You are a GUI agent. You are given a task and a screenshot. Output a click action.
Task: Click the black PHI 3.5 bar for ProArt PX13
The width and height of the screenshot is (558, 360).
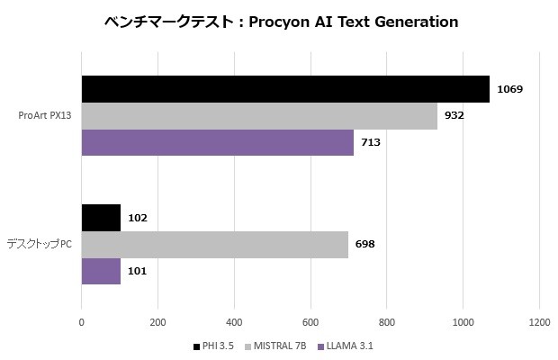285,89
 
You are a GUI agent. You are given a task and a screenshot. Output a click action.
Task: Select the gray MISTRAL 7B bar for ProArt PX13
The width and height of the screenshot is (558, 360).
259,116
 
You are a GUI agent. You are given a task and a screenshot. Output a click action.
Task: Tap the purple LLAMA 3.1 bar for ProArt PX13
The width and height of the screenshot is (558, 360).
217,142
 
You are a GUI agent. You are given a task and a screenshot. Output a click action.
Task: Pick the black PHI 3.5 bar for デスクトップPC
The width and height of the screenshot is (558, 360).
101,218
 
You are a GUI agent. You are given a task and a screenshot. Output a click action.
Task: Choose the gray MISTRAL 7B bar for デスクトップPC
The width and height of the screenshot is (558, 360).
214,244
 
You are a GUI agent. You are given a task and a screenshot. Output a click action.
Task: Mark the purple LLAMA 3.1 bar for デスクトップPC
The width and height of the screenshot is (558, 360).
101,271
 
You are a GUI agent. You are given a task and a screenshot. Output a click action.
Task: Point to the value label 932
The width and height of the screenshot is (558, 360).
454,116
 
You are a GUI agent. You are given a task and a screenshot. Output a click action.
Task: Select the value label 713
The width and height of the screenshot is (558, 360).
371,142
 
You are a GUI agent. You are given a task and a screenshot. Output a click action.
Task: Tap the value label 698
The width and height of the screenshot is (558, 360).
366,244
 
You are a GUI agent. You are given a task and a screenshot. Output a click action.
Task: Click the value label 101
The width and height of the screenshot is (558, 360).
138,271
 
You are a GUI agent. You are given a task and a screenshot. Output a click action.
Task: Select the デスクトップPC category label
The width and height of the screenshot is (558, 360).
40,244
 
